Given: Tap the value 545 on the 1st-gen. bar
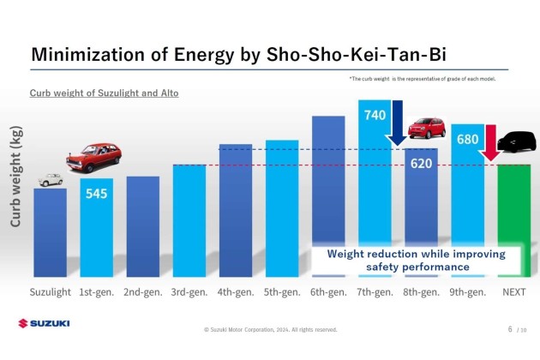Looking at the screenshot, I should click(x=96, y=195).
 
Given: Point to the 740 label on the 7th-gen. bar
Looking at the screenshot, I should click(x=375, y=113).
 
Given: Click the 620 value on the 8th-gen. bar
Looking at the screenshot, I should click(x=420, y=163).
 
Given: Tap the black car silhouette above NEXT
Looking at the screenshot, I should click(x=516, y=142).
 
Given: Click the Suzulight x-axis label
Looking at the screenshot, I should click(x=51, y=292).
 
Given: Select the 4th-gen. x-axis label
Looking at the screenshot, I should click(x=236, y=292).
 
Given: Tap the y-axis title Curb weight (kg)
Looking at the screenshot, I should click(x=16, y=177).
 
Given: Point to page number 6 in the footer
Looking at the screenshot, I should click(x=510, y=328).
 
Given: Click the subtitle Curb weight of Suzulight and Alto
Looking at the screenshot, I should click(x=104, y=92).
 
